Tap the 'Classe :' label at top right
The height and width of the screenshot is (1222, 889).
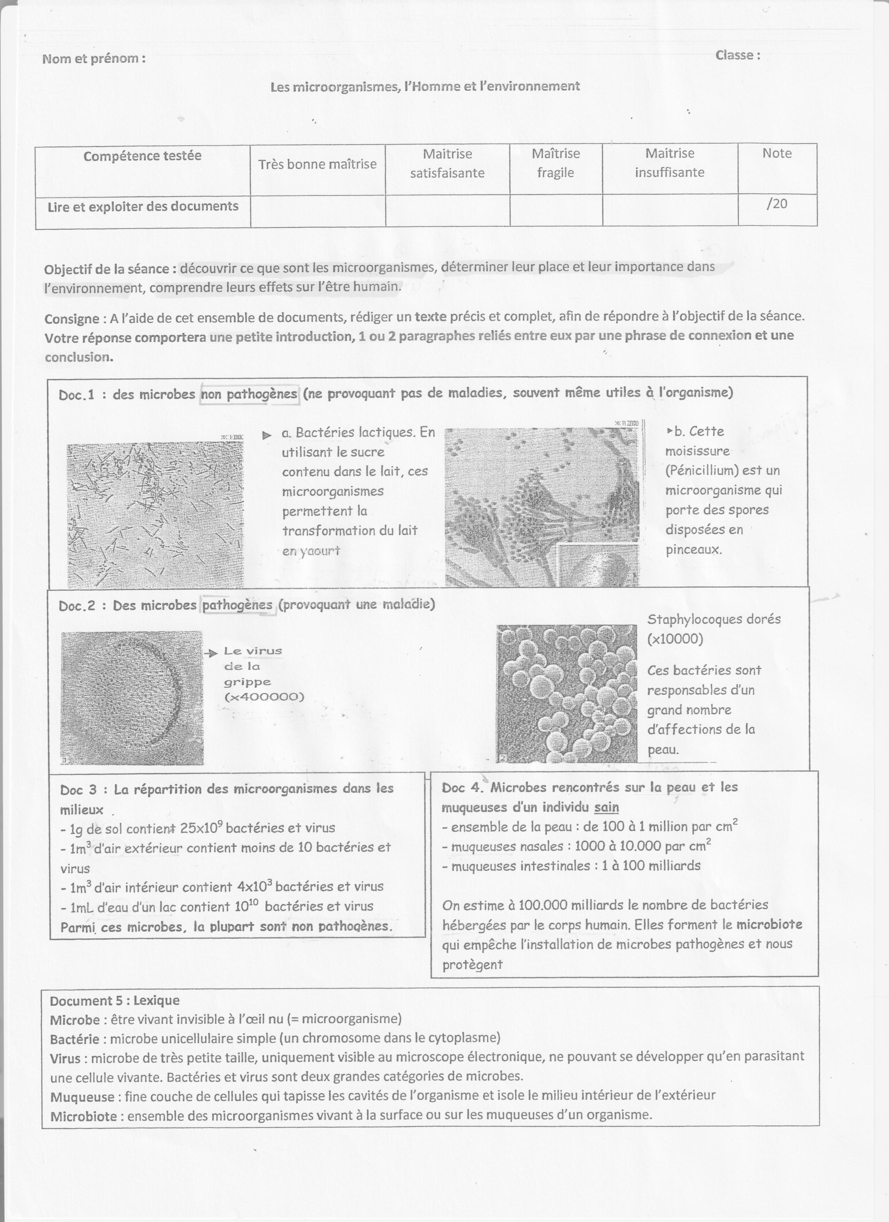737,55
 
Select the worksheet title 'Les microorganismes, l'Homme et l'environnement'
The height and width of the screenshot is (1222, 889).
425,86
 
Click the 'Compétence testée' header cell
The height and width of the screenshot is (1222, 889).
142,156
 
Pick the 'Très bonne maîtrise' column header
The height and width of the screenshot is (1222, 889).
317,164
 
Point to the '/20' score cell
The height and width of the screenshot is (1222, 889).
776,203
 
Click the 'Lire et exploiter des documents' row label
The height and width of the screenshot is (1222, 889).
143,206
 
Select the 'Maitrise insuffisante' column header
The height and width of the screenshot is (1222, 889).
670,163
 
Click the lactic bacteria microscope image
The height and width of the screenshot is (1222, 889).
155,515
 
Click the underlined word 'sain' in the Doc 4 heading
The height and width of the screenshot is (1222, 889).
607,807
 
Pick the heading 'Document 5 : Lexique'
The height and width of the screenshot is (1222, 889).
114,1000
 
